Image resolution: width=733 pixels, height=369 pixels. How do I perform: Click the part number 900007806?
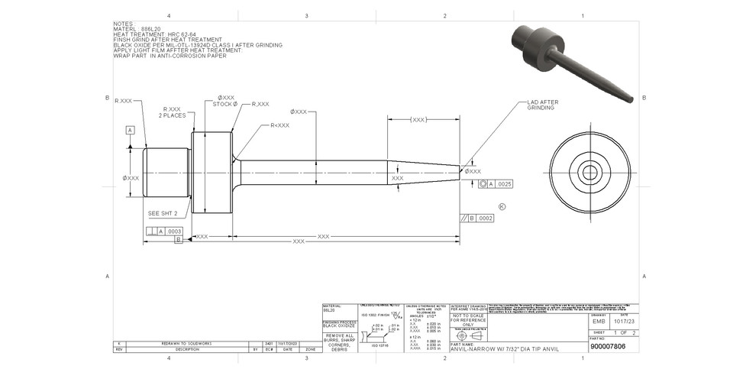tap(608, 346)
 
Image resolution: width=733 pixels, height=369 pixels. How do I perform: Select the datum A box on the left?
tap(131, 130)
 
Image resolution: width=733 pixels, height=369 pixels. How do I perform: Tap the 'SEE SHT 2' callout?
tap(163, 213)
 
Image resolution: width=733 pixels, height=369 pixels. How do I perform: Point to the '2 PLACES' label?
tap(172, 115)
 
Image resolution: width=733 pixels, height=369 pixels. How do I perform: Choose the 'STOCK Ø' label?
tap(225, 104)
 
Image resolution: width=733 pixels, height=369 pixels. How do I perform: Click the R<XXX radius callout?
tap(279, 125)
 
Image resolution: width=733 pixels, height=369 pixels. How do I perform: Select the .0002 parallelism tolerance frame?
tap(477, 218)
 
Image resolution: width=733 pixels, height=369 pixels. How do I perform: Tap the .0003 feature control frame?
tap(164, 230)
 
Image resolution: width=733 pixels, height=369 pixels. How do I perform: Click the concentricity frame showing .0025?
tap(496, 185)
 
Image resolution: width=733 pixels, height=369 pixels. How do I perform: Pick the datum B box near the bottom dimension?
tap(179, 239)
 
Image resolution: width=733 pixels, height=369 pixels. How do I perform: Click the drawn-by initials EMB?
tap(599, 322)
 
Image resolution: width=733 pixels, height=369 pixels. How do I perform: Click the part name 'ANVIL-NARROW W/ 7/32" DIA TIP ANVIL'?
tap(500, 348)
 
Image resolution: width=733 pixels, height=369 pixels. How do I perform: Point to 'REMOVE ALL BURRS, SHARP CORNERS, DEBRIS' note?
tap(339, 341)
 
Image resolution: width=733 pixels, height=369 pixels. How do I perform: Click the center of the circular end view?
tap(589, 173)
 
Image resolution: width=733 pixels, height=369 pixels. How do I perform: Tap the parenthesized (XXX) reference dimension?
tap(418, 120)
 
